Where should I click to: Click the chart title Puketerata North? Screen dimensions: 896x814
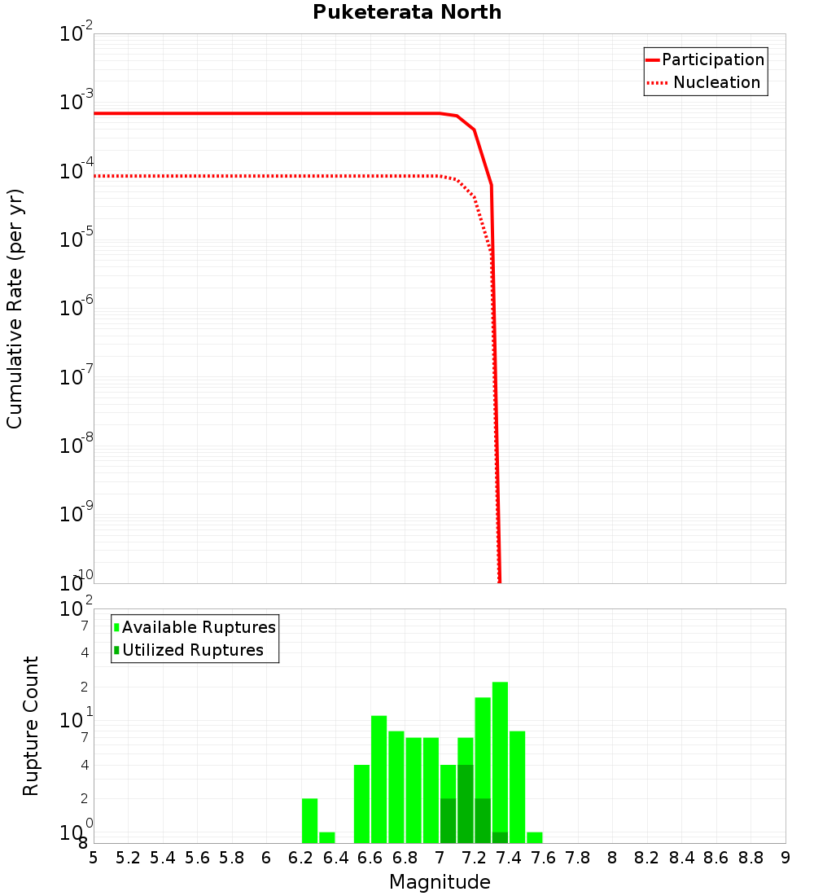coord(407,12)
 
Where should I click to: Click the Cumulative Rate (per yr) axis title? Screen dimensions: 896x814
coord(15,308)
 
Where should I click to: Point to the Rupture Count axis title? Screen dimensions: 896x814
coord(31,725)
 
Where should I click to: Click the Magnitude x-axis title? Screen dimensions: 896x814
coord(440,882)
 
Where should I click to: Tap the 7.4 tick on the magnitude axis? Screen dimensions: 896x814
coord(509,857)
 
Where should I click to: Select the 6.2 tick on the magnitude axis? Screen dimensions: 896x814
coord(301,857)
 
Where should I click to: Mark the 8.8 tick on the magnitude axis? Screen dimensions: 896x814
coord(751,857)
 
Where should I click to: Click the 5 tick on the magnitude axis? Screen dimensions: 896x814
coord(94,857)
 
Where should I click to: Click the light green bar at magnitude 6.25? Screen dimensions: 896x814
coord(309,820)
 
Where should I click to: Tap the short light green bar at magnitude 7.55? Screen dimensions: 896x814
coord(535,837)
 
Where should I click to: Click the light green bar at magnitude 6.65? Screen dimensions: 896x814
coord(379,779)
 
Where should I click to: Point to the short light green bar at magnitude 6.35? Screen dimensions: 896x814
coord(327,837)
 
